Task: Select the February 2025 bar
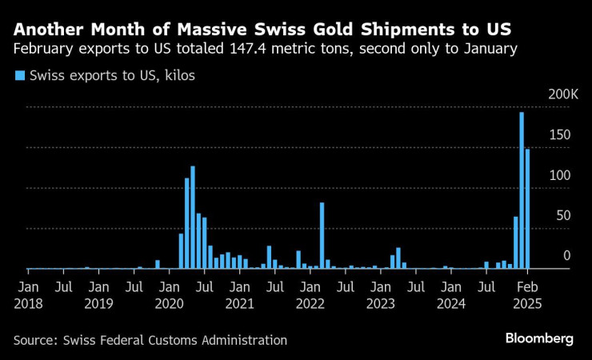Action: (x=527, y=209)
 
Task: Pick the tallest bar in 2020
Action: (x=193, y=218)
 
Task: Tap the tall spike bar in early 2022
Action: (x=322, y=236)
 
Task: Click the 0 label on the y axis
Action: (x=566, y=256)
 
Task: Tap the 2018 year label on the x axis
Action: (x=29, y=304)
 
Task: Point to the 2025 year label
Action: (x=526, y=304)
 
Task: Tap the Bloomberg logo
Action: (x=538, y=339)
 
